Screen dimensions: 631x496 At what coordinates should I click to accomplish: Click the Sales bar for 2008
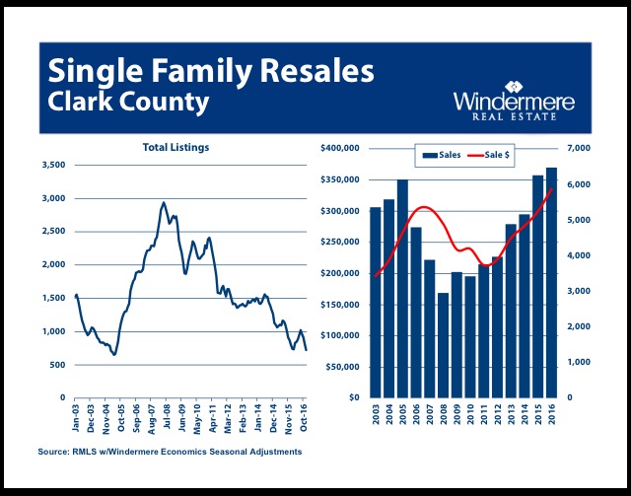coord(443,345)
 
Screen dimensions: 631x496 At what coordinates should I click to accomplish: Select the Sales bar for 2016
coord(551,283)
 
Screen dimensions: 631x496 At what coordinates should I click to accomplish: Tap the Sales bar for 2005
coord(402,289)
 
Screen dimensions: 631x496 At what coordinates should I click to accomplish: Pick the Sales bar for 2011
coord(484,331)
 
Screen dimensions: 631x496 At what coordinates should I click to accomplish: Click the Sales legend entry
coord(442,155)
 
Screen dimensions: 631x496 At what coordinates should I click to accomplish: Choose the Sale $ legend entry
coord(489,155)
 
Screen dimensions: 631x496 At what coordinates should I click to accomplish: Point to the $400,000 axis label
coord(339,148)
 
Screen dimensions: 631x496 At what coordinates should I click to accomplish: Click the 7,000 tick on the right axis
coord(579,148)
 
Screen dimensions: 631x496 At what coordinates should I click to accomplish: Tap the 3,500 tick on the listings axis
coord(53,165)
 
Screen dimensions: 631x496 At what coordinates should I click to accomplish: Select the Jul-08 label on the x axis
coord(167,419)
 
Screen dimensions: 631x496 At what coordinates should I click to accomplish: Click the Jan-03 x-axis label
coord(75,419)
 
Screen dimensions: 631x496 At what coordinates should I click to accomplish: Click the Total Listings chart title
coord(175,147)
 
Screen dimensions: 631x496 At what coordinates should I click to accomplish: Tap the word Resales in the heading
coord(317,71)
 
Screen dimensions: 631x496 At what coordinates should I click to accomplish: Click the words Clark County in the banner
coord(128,102)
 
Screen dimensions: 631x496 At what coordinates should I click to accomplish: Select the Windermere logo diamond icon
coord(514,87)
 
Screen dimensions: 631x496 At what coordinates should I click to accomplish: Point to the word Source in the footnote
coord(53,452)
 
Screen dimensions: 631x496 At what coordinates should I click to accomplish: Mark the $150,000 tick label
coord(339,305)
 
